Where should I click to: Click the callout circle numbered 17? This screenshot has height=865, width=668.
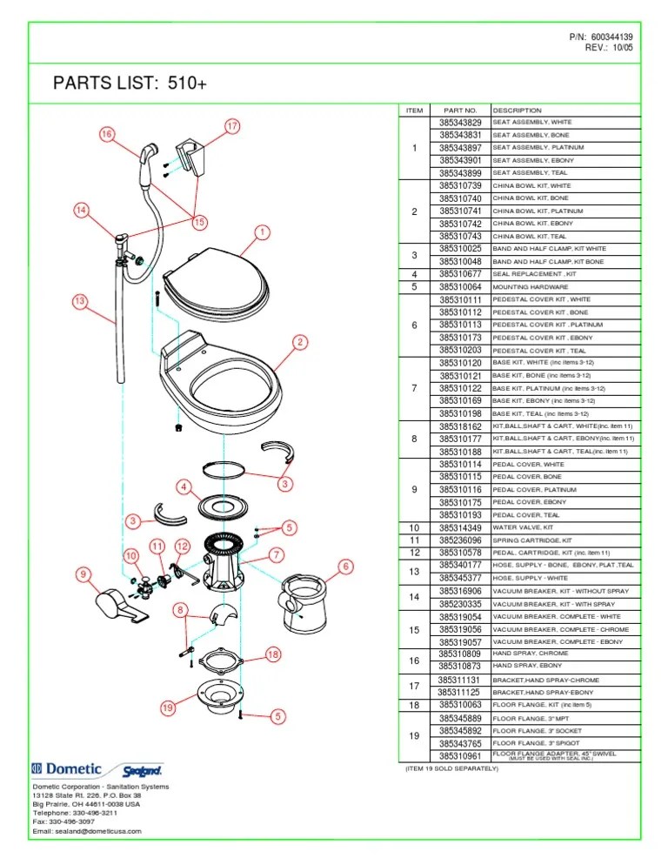pos(232,126)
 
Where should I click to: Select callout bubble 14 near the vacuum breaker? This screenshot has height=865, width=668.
pos(81,210)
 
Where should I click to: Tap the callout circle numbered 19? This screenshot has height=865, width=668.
pos(169,708)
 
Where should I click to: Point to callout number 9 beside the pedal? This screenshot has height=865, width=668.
pos(83,574)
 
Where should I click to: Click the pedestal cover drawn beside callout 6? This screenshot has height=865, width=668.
pos(304,601)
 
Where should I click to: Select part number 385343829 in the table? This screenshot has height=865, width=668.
pos(460,124)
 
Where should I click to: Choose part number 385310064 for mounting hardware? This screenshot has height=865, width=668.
pos(460,286)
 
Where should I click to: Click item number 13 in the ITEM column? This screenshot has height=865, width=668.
pos(415,571)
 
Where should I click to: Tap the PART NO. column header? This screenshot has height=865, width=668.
pos(460,111)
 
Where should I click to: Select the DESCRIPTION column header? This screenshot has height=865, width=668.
pos(517,111)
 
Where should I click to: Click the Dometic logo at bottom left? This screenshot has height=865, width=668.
pos(68,768)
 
